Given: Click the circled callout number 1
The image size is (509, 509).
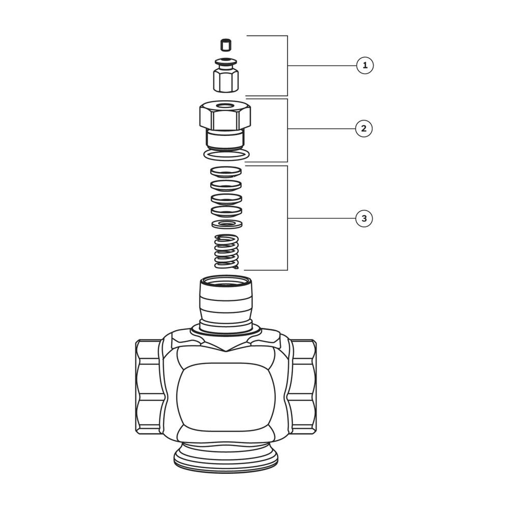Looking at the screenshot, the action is [365, 66].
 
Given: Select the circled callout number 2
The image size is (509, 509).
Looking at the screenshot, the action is [364, 129].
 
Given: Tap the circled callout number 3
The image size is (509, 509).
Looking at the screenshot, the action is [364, 218].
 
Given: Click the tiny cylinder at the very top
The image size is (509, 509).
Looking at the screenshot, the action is [225, 45].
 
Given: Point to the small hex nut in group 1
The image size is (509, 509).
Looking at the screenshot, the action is [226, 80].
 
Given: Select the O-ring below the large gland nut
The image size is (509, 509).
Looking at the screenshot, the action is [227, 155].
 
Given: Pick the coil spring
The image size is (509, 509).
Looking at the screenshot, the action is [227, 252].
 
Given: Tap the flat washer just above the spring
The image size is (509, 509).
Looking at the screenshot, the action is [227, 223].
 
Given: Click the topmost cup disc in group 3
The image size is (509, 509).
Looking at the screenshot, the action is [227, 172].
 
